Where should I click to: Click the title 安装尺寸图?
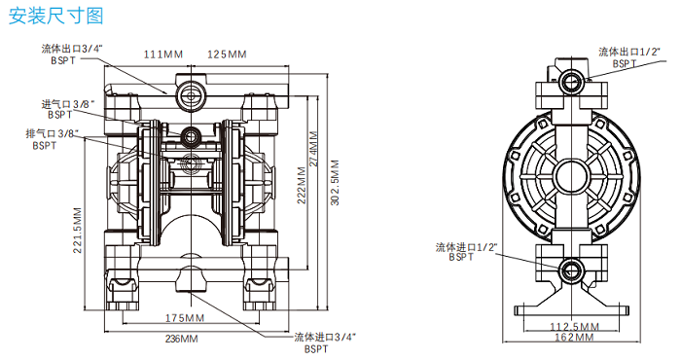56,16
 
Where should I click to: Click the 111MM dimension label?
163,54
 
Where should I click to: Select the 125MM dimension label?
227,54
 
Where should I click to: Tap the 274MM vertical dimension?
314,149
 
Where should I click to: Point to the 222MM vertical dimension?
302,185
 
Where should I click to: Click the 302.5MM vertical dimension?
335,183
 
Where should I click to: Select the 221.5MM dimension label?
77,231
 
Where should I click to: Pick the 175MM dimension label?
185,318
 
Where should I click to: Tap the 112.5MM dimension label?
574,327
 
